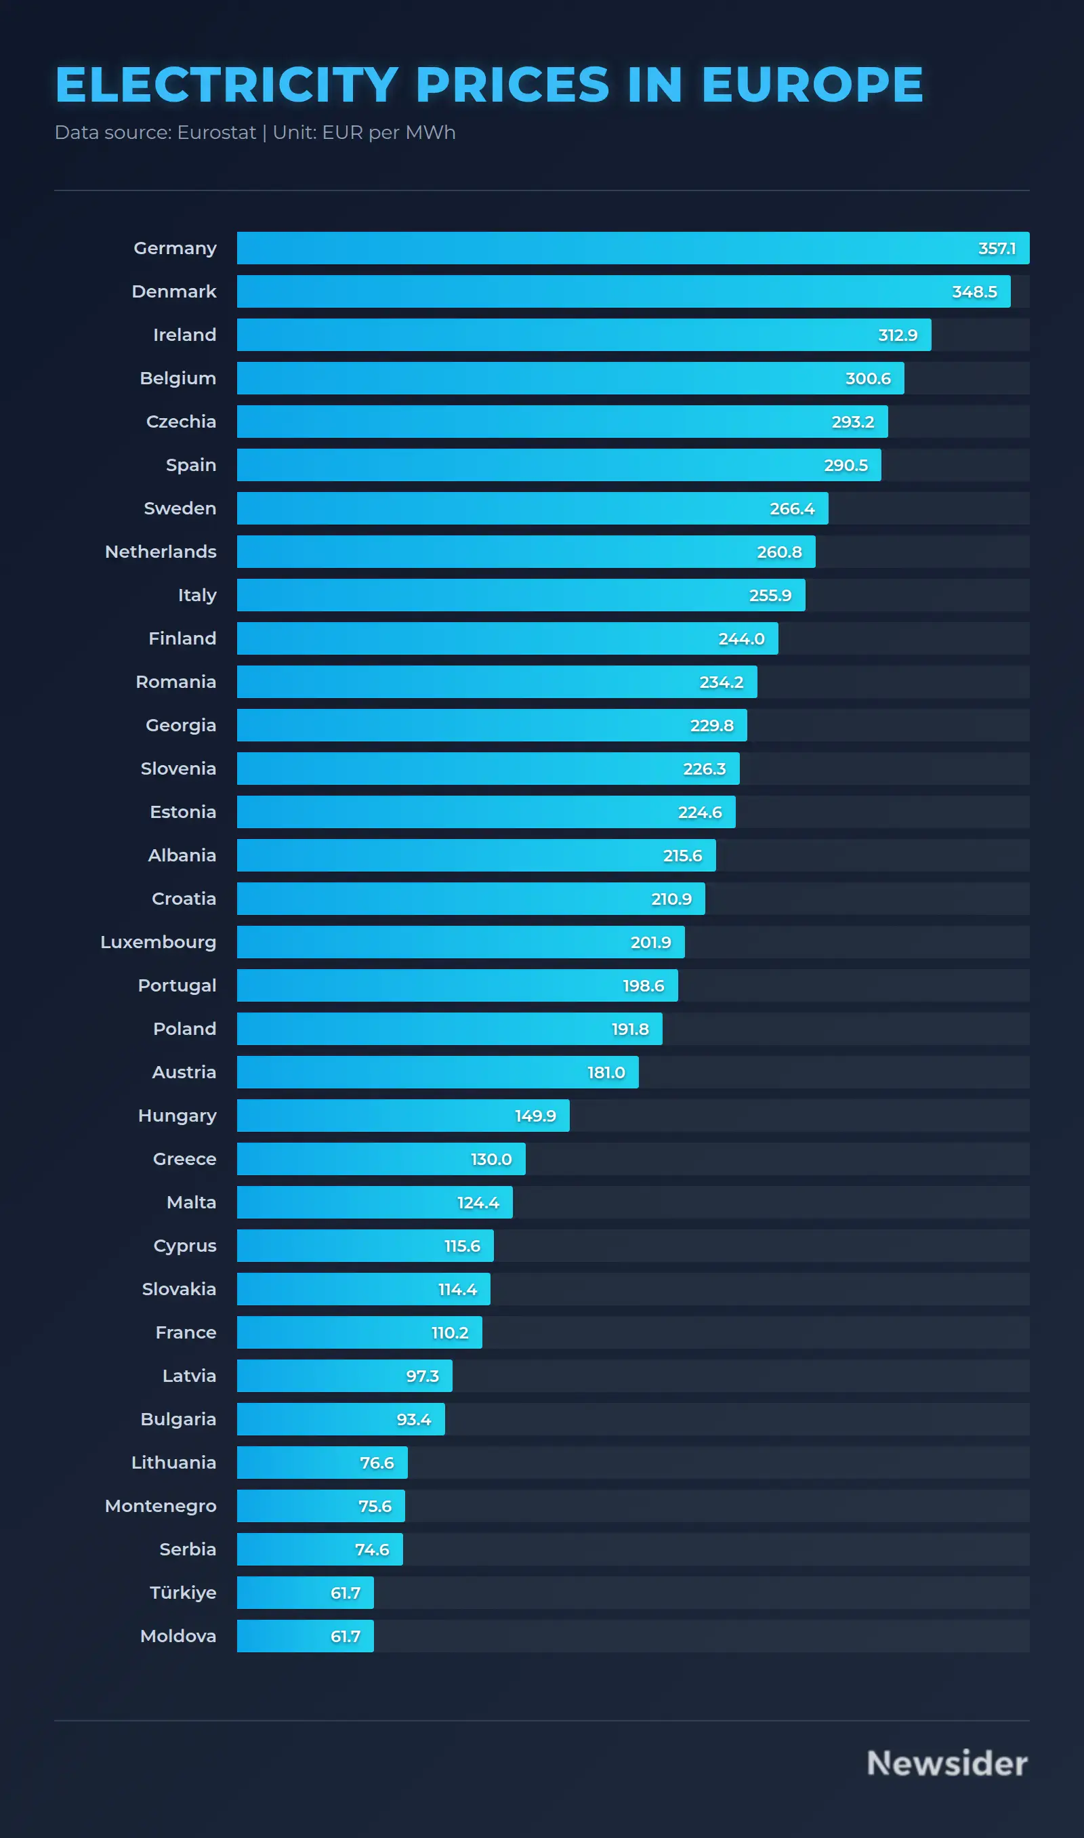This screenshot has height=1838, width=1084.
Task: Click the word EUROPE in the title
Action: (x=812, y=85)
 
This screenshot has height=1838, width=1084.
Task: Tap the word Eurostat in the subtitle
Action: (x=216, y=133)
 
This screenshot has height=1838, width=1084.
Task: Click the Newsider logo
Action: (x=946, y=1763)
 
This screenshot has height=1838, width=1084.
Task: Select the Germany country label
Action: (x=175, y=248)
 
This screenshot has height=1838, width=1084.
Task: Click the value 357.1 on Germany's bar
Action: (x=997, y=248)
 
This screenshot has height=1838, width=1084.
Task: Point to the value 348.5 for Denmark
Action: (x=974, y=291)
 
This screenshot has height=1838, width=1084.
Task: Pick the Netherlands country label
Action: (x=161, y=552)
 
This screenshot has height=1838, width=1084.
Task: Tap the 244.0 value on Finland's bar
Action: (x=741, y=638)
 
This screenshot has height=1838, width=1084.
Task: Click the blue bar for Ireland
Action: (x=555, y=335)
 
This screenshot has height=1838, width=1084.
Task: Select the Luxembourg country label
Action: (x=159, y=942)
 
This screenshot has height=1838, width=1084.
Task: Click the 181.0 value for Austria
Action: (x=606, y=1072)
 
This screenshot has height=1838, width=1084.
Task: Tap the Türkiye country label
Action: (x=183, y=1593)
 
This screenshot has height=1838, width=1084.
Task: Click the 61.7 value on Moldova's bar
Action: (x=345, y=1636)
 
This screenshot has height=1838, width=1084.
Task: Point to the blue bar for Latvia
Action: (x=314, y=1376)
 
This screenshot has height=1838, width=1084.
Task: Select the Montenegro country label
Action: (x=161, y=1506)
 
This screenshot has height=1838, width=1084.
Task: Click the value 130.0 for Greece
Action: (x=491, y=1160)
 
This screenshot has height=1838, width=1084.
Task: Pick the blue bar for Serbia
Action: (x=292, y=1549)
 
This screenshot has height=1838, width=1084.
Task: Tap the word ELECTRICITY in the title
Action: (x=226, y=85)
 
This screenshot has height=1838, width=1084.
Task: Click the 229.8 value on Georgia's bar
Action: (x=711, y=725)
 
